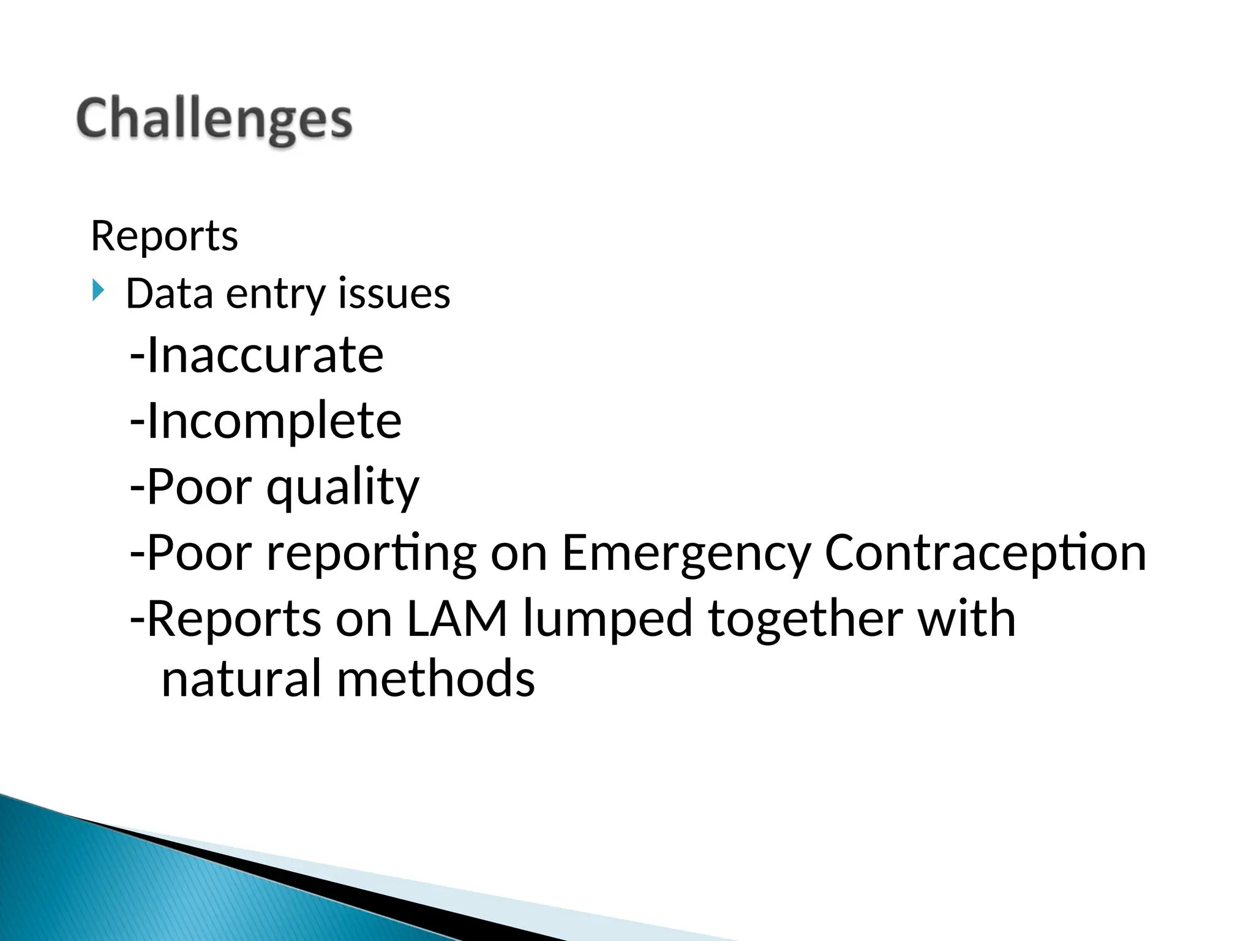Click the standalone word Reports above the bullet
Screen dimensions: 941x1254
[x=164, y=236]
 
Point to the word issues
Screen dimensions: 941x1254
[x=394, y=293]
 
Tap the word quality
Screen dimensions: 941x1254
[x=343, y=488]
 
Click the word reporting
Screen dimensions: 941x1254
[x=371, y=553]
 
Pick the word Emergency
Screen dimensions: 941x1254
[x=686, y=553]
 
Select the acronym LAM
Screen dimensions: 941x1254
[x=457, y=619]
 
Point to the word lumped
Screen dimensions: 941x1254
[x=607, y=619]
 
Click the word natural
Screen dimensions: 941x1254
[x=241, y=679]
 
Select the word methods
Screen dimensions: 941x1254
[x=435, y=679]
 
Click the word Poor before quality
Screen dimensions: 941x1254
[x=199, y=488]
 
